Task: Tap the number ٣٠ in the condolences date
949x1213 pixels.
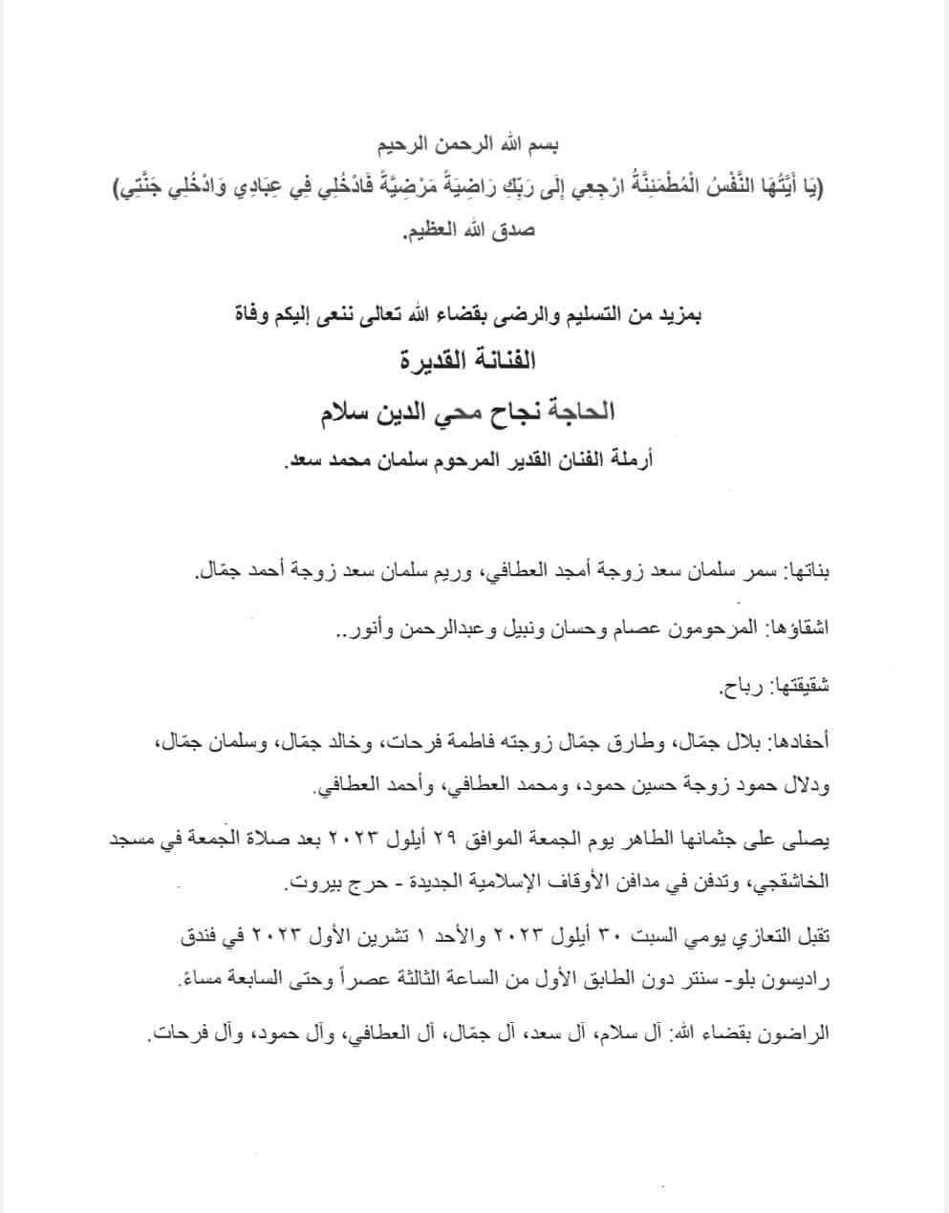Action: click(595, 938)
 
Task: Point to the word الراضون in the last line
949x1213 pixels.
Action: click(792, 1033)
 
